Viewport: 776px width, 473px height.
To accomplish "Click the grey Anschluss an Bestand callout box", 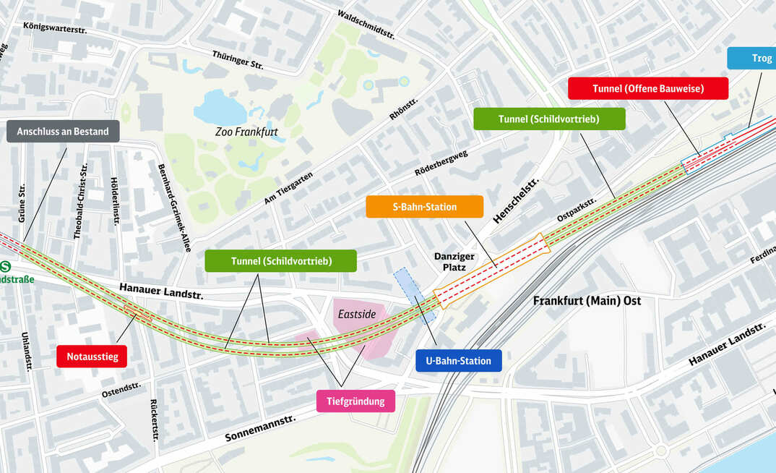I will coord(63,132).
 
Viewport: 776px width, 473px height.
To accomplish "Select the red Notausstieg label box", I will coord(92,356).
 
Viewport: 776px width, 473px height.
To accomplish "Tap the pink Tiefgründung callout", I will coord(355,401).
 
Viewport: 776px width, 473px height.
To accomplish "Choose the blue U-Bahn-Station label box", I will coord(458,361).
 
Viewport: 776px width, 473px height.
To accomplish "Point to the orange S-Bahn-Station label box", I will coord(424,207).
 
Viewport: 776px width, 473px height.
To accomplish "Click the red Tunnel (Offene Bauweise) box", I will coord(647,88).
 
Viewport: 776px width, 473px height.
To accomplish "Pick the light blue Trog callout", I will coord(751,58).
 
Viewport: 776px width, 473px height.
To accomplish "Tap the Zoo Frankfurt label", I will coord(246,132).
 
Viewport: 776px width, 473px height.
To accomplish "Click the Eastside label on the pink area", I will coord(357,314).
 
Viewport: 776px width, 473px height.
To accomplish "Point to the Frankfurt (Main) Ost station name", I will coord(587,301).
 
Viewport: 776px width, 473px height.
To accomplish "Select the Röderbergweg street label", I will coord(441,163).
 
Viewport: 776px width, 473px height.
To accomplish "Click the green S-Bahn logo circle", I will coord(4,267).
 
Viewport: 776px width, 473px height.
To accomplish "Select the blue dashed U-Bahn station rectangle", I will coord(415,295).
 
